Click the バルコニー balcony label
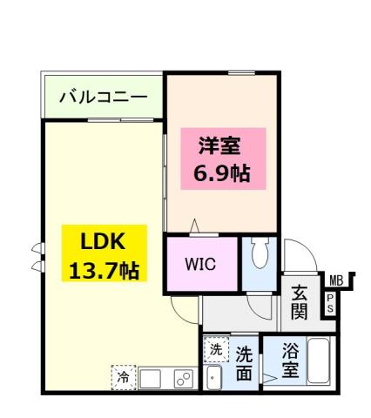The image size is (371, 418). [x=104, y=97]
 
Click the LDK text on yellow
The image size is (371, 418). [x=104, y=240]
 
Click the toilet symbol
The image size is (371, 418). [x=259, y=254]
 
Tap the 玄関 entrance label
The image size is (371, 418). [x=299, y=301]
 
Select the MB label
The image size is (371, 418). [x=335, y=280]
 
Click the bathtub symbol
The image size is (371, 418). [x=318, y=364]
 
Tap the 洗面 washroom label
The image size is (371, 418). [x=246, y=364]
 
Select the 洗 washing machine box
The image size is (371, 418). [x=215, y=349]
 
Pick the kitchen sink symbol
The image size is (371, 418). [x=151, y=379]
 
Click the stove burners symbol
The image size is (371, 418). [x=183, y=378]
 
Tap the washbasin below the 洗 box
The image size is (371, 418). [x=215, y=376]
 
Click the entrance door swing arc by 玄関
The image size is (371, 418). [x=295, y=254]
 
